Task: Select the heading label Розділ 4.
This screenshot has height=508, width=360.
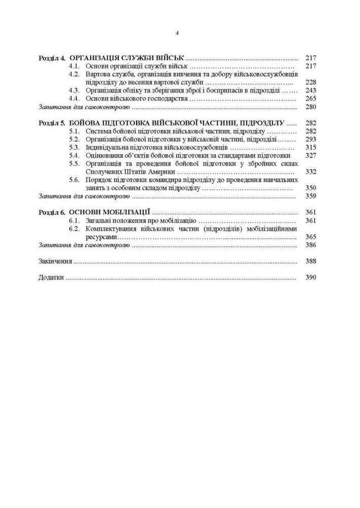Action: coord(52,58)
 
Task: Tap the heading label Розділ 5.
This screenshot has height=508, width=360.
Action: coord(52,123)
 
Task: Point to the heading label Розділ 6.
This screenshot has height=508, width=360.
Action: coord(52,212)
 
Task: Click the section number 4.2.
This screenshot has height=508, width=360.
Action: coord(75,74)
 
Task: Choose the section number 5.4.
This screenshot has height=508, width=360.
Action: coord(75,155)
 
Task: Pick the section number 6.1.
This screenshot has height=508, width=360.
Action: coord(75,220)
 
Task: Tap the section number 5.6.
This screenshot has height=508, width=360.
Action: coord(75,180)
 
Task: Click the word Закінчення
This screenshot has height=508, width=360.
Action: coord(55,262)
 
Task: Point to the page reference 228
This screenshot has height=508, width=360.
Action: coord(311,82)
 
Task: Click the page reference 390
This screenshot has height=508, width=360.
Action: coord(311,278)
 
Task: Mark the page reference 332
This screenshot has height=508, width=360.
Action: coord(311,172)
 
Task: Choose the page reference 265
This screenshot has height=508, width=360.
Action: coord(311,99)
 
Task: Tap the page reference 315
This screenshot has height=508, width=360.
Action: coord(311,147)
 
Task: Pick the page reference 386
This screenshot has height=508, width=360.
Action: coord(311,245)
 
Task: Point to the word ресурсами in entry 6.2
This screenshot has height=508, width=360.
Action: coord(102,237)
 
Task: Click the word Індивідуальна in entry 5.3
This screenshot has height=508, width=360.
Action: coord(107,147)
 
